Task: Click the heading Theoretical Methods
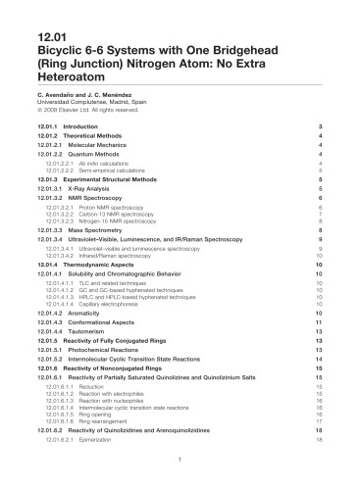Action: pyautogui.click(x=101, y=137)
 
